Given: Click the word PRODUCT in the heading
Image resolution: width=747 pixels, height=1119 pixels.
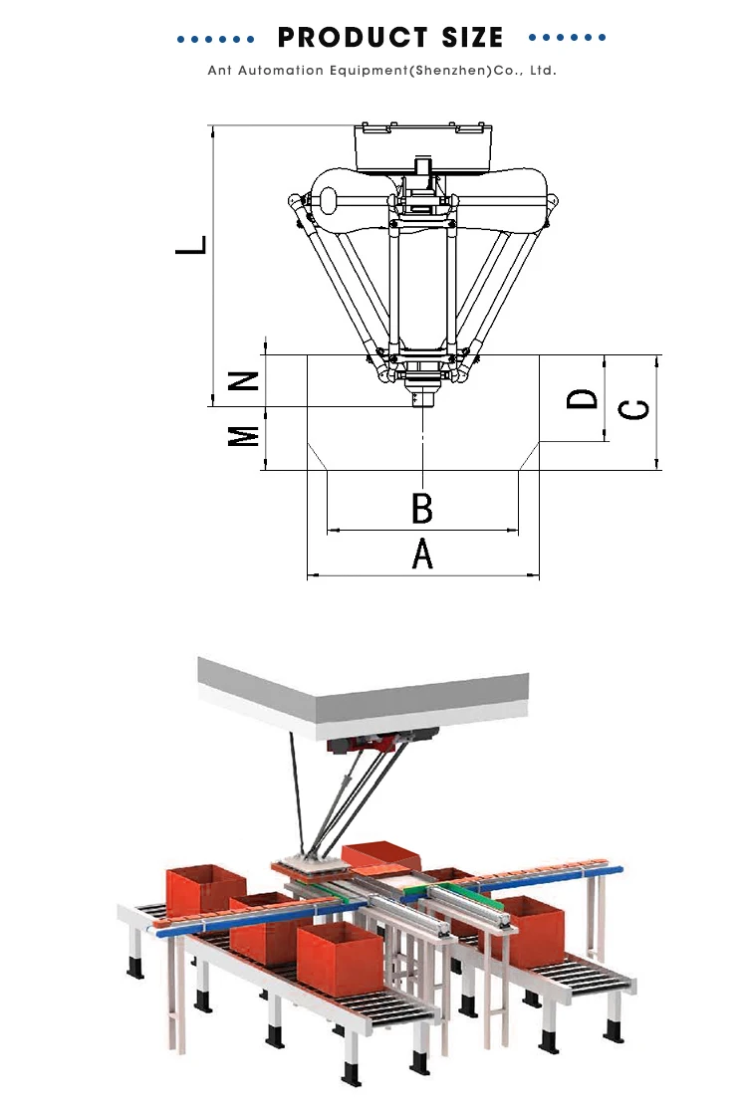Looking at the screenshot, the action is point(352,37).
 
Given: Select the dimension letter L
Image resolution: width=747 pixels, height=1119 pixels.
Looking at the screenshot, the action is point(191,245).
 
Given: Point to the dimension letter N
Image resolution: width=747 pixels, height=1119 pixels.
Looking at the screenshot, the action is point(243,381).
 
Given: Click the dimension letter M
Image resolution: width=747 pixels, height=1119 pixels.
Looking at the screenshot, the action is point(243,436).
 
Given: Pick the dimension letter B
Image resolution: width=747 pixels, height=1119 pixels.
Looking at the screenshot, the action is point(422,508).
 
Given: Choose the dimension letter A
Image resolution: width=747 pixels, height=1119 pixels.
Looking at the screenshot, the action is point(422,554).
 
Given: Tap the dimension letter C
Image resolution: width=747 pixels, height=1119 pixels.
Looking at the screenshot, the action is point(633,409).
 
